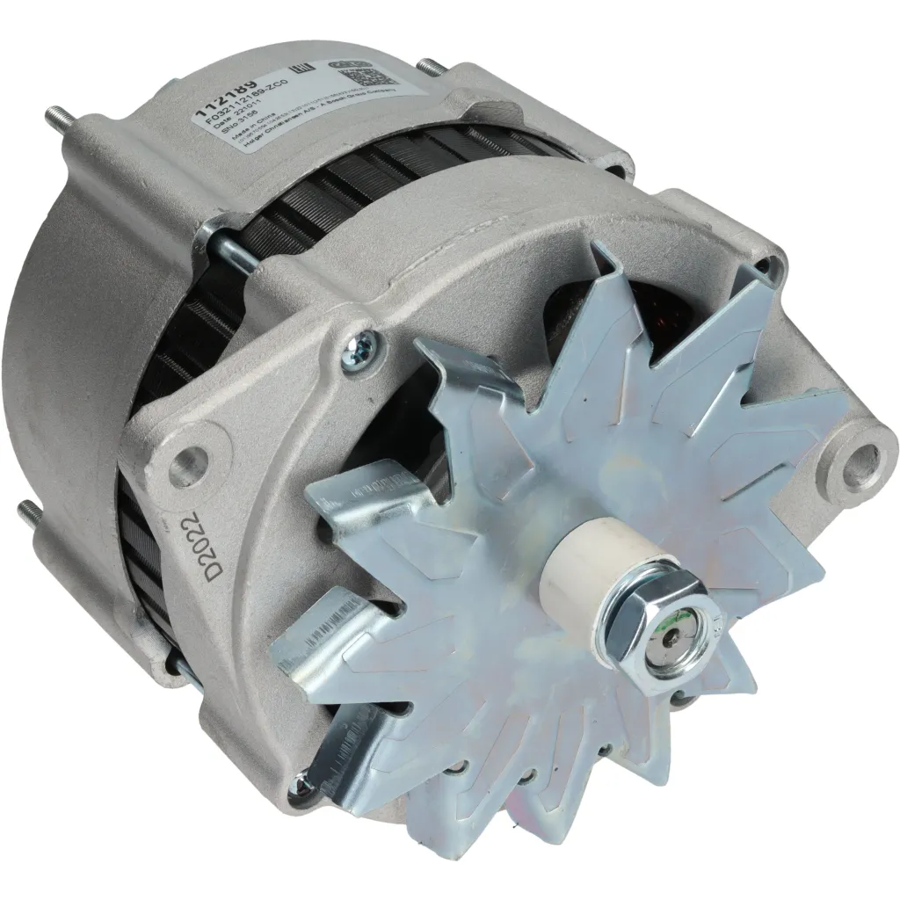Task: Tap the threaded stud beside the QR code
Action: point(430,68)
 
